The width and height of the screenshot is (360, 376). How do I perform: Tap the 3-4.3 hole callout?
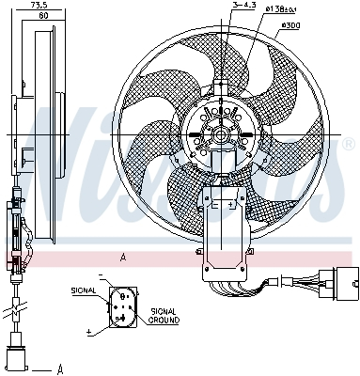click(243, 7)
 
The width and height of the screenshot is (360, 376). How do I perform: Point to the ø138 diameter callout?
click(282, 9)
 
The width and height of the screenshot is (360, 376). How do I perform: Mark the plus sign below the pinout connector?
click(88, 332)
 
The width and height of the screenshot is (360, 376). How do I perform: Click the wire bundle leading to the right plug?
click(282, 279)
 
